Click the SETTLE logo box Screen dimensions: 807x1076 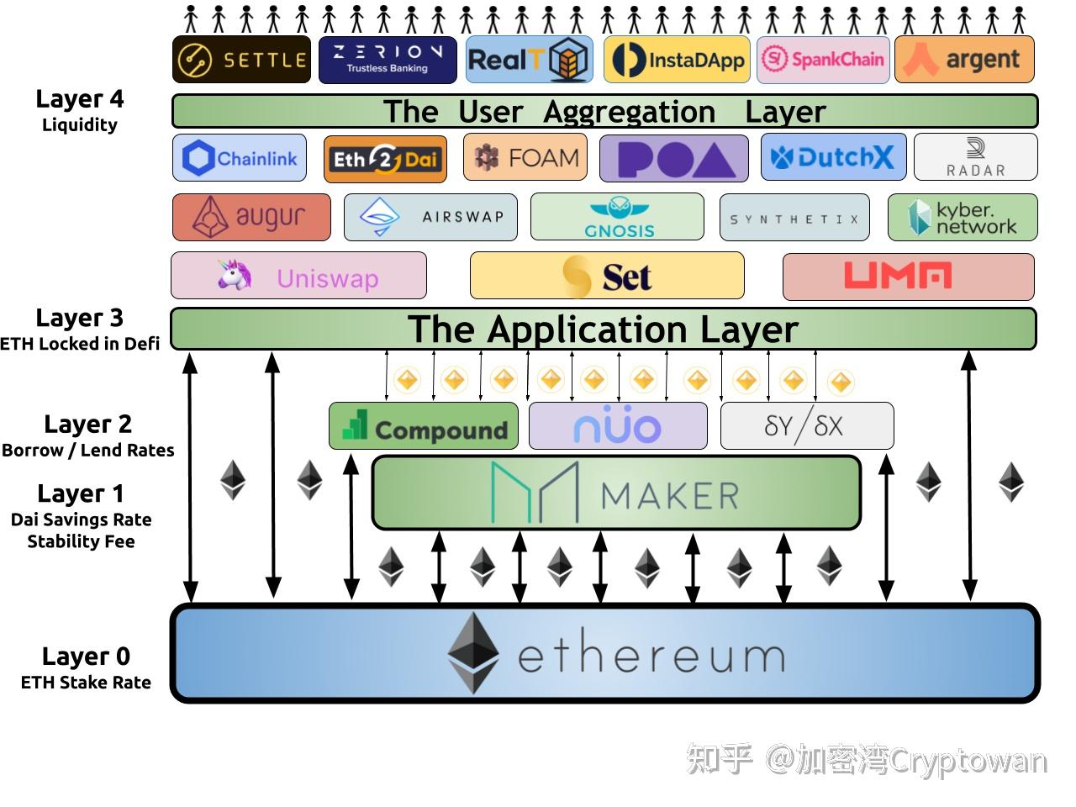pyautogui.click(x=241, y=60)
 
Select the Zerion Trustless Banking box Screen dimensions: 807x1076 pyautogui.click(x=388, y=60)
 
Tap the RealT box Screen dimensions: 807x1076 pyautogui.click(x=529, y=60)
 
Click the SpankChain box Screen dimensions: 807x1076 pyautogui.click(x=823, y=60)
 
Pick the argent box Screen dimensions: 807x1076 pyautogui.click(x=964, y=60)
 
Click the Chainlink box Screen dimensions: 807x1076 pyautogui.click(x=240, y=158)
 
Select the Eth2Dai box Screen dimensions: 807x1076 pyautogui.click(x=385, y=159)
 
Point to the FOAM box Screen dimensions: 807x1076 pyautogui.click(x=525, y=157)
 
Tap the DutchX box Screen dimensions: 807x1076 pyautogui.click(x=833, y=157)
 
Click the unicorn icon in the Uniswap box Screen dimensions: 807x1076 pyautogui.click(x=234, y=275)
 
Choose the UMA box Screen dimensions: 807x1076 pyautogui.click(x=908, y=276)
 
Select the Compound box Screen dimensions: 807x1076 pyautogui.click(x=424, y=426)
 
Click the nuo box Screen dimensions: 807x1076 pyautogui.click(x=618, y=426)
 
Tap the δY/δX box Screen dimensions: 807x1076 pyautogui.click(x=806, y=426)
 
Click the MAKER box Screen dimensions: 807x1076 pyautogui.click(x=616, y=493)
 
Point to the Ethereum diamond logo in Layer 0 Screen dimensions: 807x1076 pyautogui.click(x=472, y=652)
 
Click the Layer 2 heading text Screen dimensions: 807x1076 pyautogui.click(x=87, y=424)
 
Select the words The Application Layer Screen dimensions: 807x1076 pyautogui.click(x=603, y=329)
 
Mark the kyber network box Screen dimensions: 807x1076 pyautogui.click(x=963, y=218)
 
